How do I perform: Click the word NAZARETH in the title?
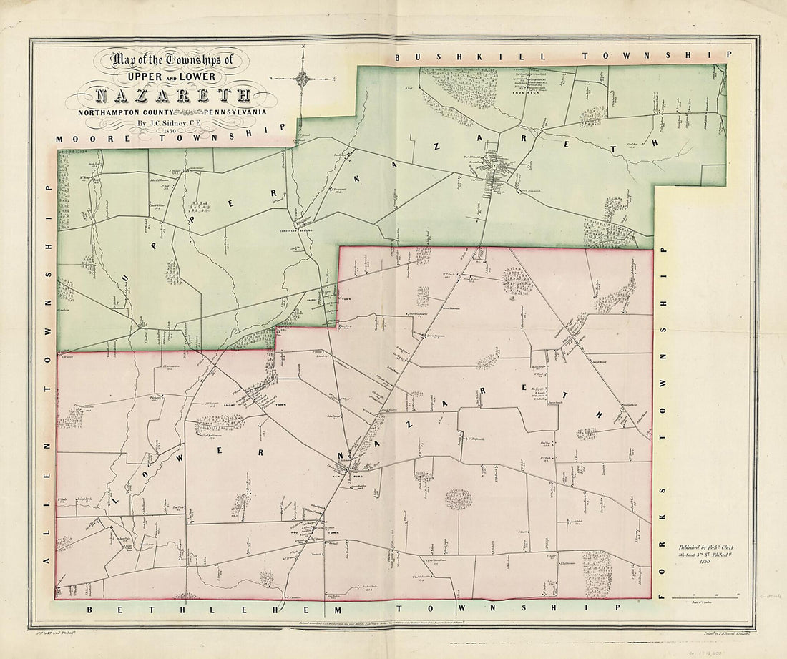(172, 96)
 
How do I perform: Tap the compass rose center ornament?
(303, 79)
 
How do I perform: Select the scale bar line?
(715, 597)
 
